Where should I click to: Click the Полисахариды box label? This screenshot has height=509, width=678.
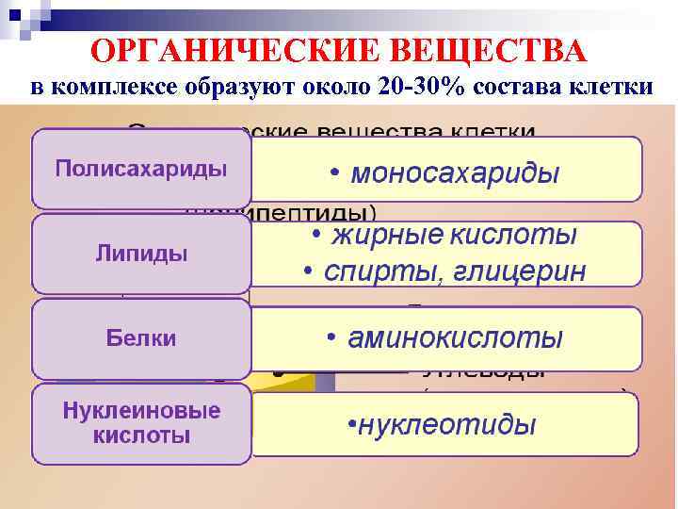[x=140, y=170]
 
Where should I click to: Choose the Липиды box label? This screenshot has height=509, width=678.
[x=141, y=254]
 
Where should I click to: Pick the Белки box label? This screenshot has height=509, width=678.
[x=141, y=337]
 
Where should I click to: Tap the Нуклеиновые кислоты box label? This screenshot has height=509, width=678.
[x=141, y=423]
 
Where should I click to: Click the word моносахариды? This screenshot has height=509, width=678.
[x=455, y=173]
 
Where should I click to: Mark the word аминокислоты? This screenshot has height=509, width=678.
[x=456, y=337]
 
